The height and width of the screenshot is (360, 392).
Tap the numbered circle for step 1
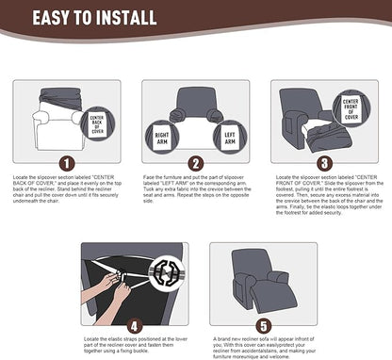click(65, 161)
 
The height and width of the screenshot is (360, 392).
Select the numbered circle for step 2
click(195, 161)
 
